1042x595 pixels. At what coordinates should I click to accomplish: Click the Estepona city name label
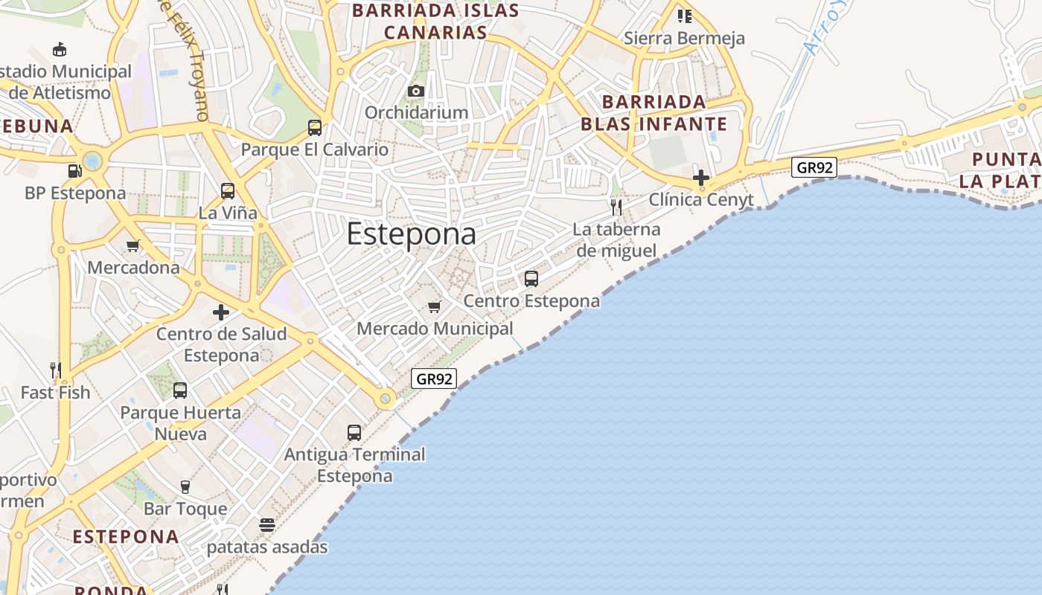pyautogui.click(x=411, y=234)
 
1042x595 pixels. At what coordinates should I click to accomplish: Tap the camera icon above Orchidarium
pyautogui.click(x=416, y=91)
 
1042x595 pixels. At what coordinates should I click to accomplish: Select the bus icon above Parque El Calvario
pyautogui.click(x=315, y=128)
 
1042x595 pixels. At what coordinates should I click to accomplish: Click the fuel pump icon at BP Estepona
pyautogui.click(x=74, y=171)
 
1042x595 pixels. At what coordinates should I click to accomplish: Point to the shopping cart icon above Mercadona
pyautogui.click(x=133, y=246)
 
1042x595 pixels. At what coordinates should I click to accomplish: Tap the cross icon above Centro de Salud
pyautogui.click(x=221, y=312)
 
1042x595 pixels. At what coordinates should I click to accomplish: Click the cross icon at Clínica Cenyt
pyautogui.click(x=700, y=178)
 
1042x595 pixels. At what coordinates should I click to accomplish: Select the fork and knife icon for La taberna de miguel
pyautogui.click(x=616, y=207)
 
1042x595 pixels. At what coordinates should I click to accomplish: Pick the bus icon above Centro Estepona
pyautogui.click(x=531, y=279)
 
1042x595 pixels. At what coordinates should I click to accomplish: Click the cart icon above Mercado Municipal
pyautogui.click(x=435, y=306)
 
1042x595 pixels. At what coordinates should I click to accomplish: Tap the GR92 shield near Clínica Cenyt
pyautogui.click(x=814, y=167)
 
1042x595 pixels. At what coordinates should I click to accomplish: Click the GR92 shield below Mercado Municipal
pyautogui.click(x=434, y=379)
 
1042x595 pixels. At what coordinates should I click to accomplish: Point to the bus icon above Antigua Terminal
pyautogui.click(x=354, y=432)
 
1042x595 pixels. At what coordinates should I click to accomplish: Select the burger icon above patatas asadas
pyautogui.click(x=267, y=525)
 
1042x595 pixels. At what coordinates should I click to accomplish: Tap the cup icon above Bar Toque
pyautogui.click(x=185, y=487)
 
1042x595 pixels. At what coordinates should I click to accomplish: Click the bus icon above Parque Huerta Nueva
pyautogui.click(x=180, y=390)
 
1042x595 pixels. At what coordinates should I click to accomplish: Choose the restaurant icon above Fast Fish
pyautogui.click(x=55, y=370)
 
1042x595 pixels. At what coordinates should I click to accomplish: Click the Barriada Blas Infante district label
pyautogui.click(x=653, y=112)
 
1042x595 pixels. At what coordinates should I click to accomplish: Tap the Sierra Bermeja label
pyautogui.click(x=684, y=38)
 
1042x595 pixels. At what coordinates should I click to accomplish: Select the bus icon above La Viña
pyautogui.click(x=228, y=191)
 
